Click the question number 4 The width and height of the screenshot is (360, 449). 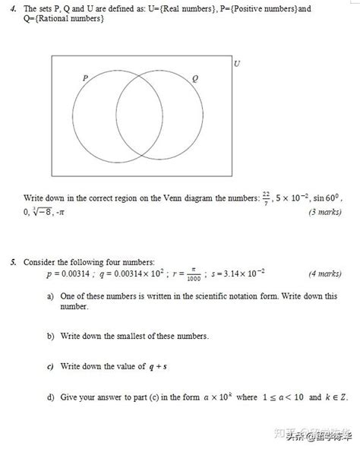pyautogui.click(x=14, y=9)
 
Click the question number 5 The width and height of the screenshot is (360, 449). pyautogui.click(x=14, y=262)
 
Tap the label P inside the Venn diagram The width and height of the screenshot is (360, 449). pyautogui.click(x=85, y=77)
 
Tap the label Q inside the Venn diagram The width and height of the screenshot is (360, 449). pyautogui.click(x=195, y=78)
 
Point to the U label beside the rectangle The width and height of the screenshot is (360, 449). pyautogui.click(x=237, y=64)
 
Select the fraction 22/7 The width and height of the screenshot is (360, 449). pyautogui.click(x=266, y=198)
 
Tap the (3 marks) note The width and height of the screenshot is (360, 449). pyautogui.click(x=324, y=212)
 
